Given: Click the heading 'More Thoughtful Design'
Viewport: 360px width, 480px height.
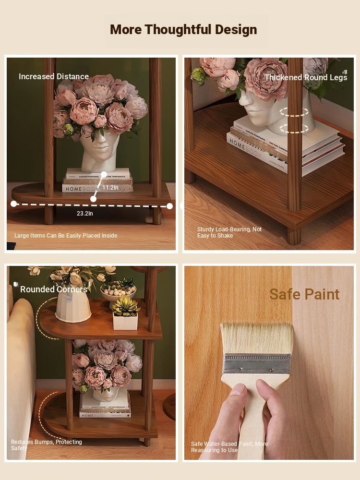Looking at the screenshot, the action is point(183,30).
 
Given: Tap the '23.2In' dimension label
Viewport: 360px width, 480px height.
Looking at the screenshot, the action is point(85,214).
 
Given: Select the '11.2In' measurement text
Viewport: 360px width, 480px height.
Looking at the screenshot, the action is point(110,188).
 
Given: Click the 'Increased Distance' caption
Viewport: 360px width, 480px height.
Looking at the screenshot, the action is point(54,76).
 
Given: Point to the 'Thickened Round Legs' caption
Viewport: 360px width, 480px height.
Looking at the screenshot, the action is point(306,77).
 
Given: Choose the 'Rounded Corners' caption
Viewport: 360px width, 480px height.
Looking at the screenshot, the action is point(54,289).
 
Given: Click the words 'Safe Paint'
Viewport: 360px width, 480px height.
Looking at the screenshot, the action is point(304,295).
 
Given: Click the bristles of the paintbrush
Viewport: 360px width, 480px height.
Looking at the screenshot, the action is point(256,338).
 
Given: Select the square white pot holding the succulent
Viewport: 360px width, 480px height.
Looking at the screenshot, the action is point(125,321).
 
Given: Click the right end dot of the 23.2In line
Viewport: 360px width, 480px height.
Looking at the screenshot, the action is point(169,206).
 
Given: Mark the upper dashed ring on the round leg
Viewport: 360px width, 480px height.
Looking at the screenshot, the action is point(294,112).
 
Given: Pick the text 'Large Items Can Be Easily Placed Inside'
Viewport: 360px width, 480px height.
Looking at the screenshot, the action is point(66,236).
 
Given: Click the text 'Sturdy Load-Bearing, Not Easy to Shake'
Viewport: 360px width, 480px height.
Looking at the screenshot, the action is point(229,233).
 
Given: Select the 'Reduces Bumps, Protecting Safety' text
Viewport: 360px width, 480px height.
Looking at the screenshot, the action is point(47,445).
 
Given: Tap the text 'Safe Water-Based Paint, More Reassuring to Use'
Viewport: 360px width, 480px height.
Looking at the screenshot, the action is point(229,447).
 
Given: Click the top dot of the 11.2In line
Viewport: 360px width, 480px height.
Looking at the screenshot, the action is point(104,175).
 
